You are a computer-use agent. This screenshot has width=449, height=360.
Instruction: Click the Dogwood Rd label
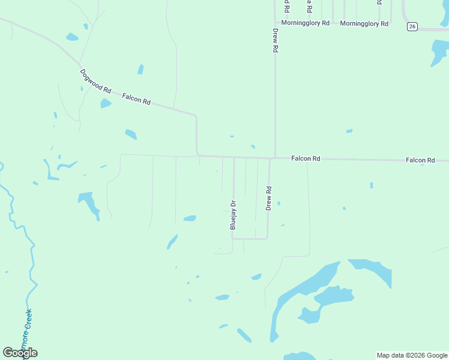(x=96, y=81)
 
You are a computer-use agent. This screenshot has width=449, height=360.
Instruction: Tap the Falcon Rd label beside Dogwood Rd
(x=136, y=98)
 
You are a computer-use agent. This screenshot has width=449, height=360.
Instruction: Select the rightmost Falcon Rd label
(x=420, y=160)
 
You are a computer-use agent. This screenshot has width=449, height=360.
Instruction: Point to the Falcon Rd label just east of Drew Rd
(x=306, y=158)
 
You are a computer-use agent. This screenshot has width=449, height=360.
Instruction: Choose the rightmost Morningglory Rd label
(x=364, y=23)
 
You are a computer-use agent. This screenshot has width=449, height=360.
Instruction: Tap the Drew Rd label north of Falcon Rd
(x=276, y=41)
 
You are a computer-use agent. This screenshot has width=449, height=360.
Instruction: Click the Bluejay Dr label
(x=233, y=215)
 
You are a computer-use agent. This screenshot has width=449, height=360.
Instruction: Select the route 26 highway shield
(x=412, y=26)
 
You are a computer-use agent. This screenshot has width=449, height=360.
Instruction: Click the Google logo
(x=20, y=353)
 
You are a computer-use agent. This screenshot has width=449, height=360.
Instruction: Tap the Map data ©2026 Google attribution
(x=412, y=355)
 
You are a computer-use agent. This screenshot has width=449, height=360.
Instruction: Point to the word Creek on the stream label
(x=28, y=322)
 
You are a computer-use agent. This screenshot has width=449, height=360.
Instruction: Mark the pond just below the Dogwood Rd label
(x=106, y=103)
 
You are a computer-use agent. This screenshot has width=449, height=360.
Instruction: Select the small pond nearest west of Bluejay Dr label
(x=190, y=218)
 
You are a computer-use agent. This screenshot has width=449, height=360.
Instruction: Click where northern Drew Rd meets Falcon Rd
(x=275, y=158)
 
